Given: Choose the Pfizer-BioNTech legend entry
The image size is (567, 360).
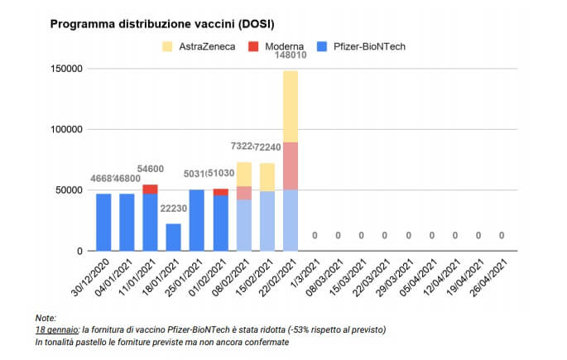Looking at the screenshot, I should [370, 46].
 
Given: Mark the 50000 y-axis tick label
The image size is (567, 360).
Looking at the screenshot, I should [70, 190].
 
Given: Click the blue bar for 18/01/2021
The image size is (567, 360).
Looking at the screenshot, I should [173, 237].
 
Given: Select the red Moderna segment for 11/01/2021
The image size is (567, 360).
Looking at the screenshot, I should [150, 189].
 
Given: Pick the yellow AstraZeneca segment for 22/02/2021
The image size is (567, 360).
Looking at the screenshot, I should [290, 107].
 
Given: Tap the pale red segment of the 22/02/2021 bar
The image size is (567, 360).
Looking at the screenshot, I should [290, 166].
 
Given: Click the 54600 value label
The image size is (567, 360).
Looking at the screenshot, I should [150, 169].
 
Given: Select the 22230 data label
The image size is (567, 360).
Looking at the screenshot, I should [173, 209].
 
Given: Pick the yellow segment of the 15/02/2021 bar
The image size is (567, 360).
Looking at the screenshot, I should [267, 177].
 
